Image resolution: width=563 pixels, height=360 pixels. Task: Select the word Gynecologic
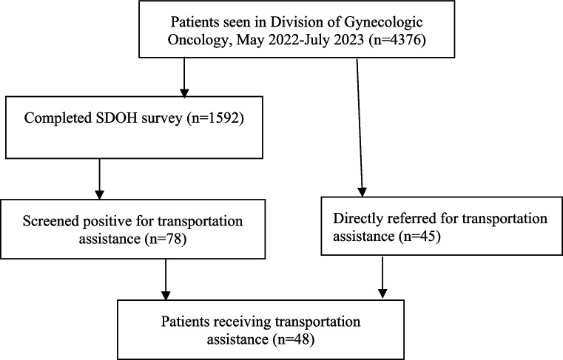[383, 22]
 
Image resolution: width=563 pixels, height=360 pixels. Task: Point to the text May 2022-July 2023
[300, 40]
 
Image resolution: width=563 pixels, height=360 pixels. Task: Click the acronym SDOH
[118, 118]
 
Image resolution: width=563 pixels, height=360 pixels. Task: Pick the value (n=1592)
[215, 118]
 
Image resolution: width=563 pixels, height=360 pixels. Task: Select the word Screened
[50, 221]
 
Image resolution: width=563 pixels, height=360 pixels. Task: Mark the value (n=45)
[419, 236]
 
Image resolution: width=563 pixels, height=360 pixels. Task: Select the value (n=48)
[293, 339]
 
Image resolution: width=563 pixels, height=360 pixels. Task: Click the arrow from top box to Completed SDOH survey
[184, 78]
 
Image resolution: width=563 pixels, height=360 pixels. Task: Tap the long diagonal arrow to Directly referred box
[360, 128]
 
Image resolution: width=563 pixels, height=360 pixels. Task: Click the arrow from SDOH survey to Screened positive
[99, 179]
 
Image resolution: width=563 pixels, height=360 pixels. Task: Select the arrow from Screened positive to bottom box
[166, 279]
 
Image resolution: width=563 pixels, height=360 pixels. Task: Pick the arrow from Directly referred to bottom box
[382, 277]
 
